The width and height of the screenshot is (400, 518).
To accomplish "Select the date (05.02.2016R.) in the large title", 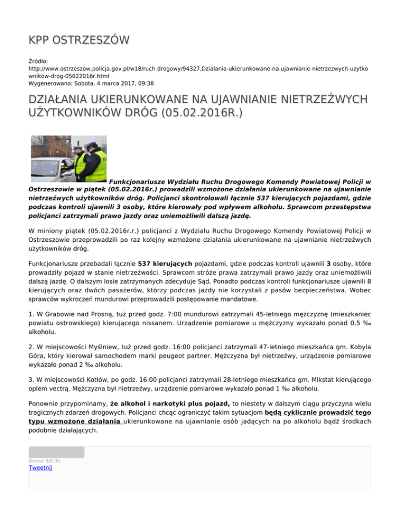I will click(x=195, y=113).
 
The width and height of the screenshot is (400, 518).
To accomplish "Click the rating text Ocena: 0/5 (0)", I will click(x=44, y=461).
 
